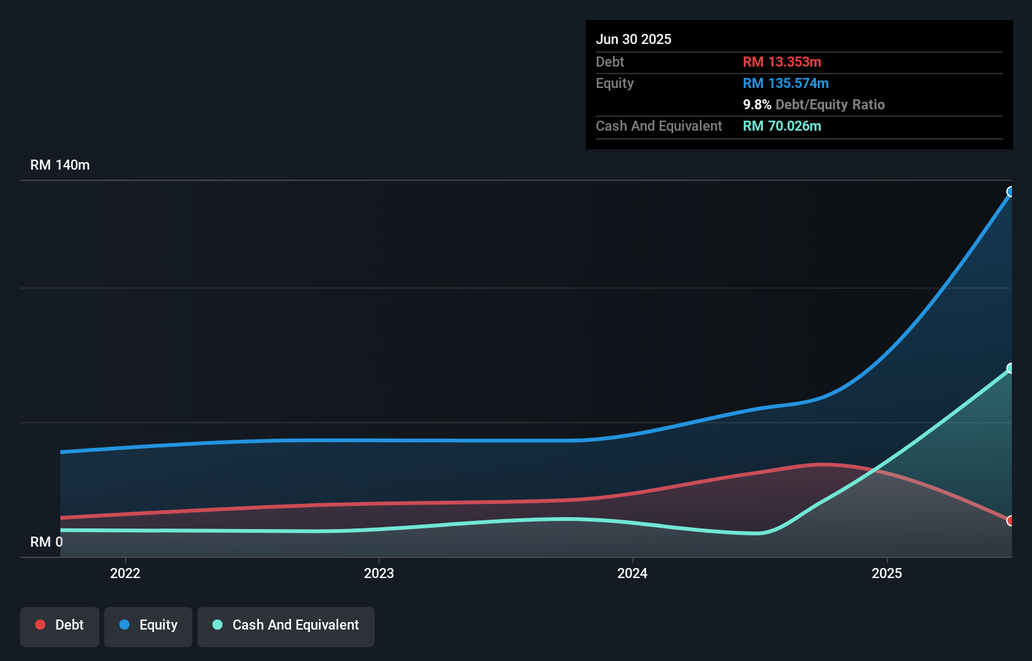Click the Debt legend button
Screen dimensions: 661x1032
pyautogui.click(x=60, y=626)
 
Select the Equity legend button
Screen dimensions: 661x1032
pyautogui.click(x=148, y=626)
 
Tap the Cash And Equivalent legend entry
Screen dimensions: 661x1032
pyautogui.click(x=286, y=626)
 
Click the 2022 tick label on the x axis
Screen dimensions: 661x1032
pyautogui.click(x=125, y=573)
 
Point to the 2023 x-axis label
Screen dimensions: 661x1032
pyautogui.click(x=379, y=573)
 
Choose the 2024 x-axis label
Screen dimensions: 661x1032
pyautogui.click(x=632, y=573)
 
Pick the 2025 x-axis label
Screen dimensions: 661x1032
pyautogui.click(x=886, y=573)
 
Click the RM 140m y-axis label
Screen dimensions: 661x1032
pyautogui.click(x=60, y=165)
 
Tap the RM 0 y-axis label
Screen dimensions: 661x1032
pyautogui.click(x=47, y=542)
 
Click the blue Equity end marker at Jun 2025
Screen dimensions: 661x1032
pyautogui.click(x=1010, y=192)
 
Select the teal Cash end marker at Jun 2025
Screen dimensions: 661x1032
pyautogui.click(x=1010, y=368)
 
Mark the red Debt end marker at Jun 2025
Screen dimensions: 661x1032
pyautogui.click(x=1010, y=520)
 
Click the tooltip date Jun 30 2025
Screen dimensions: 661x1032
pyautogui.click(x=634, y=40)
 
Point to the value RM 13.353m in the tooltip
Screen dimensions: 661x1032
pyautogui.click(x=782, y=62)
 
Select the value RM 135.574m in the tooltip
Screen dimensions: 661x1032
pyautogui.click(x=786, y=84)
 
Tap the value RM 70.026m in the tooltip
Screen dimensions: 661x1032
pyautogui.click(x=782, y=126)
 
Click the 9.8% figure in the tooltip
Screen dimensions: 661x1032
pyautogui.click(x=757, y=105)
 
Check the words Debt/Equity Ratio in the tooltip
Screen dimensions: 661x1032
pyautogui.click(x=830, y=105)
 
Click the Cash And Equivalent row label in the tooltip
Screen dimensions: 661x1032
pyautogui.click(x=659, y=126)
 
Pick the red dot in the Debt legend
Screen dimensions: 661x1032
pyautogui.click(x=40, y=625)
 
